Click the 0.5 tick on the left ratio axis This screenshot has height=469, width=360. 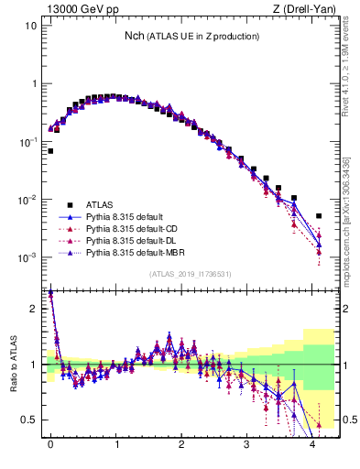pyautogui.click(x=29, y=420)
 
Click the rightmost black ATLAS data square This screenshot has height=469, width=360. pyautogui.click(x=319, y=216)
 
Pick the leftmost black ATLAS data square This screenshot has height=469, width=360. pyautogui.click(x=50, y=150)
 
